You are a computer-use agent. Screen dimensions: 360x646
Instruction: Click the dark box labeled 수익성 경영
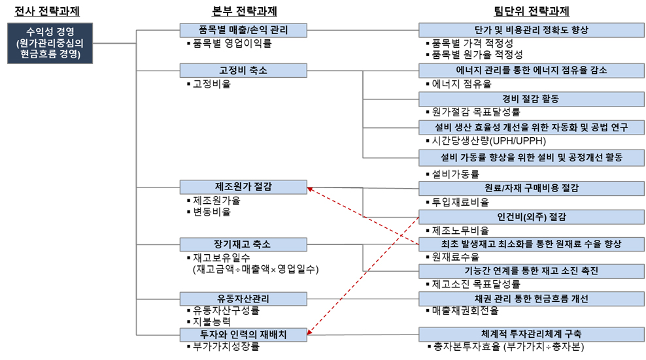[x=50, y=43]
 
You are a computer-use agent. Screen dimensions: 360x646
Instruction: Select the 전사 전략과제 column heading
[x=50, y=10]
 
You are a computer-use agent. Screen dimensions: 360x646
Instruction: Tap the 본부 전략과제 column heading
[x=243, y=10]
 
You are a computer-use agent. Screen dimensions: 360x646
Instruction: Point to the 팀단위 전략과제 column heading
[x=531, y=10]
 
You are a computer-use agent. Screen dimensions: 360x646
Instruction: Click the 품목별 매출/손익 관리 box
[x=243, y=30]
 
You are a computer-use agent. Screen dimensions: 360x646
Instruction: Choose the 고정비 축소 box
[x=243, y=71]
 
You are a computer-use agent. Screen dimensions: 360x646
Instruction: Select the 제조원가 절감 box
[x=243, y=187]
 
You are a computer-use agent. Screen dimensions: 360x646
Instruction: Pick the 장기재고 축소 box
[x=243, y=244]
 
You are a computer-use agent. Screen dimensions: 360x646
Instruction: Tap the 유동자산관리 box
[x=243, y=298]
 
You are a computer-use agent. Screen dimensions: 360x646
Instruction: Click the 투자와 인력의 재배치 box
[x=243, y=335]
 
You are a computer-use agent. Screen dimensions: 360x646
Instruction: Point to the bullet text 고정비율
[x=212, y=84]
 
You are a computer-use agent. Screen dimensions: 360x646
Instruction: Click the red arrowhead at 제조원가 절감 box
[x=311, y=189]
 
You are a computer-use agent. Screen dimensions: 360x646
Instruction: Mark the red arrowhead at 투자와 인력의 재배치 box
[x=311, y=333]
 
